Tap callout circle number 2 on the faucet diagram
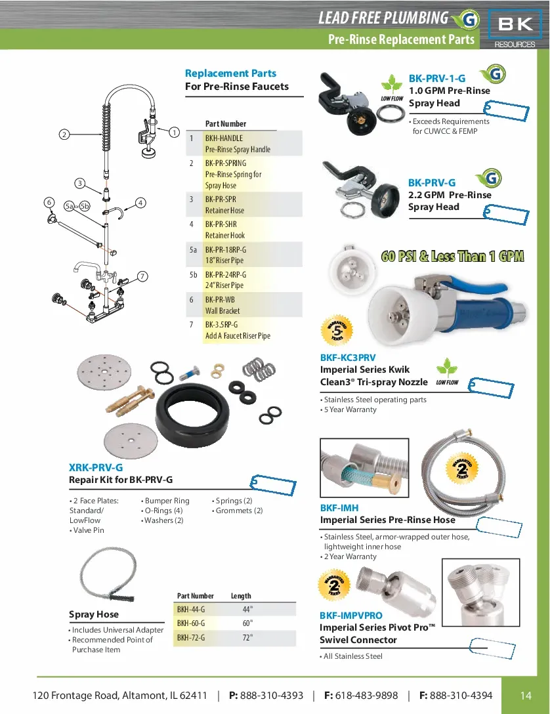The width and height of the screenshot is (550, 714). [x=64, y=135]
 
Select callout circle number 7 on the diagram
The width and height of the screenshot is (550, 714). [x=142, y=276]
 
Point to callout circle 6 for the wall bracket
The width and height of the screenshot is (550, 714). [x=49, y=202]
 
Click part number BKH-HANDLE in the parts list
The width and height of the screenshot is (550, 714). [x=224, y=138]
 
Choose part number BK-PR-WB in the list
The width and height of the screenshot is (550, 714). [x=220, y=299]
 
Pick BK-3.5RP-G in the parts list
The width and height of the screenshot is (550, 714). [x=221, y=324]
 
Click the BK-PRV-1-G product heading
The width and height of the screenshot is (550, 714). [x=436, y=78]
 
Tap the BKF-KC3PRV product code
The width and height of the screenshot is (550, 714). [x=348, y=358]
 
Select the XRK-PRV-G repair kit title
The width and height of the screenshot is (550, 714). [x=96, y=467]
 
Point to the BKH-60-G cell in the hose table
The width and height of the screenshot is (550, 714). [x=191, y=623]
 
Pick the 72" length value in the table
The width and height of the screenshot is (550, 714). [x=247, y=637]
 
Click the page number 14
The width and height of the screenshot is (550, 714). [x=525, y=696]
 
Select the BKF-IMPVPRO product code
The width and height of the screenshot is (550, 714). [x=350, y=616]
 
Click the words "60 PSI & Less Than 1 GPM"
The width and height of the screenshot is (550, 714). [x=453, y=256]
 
